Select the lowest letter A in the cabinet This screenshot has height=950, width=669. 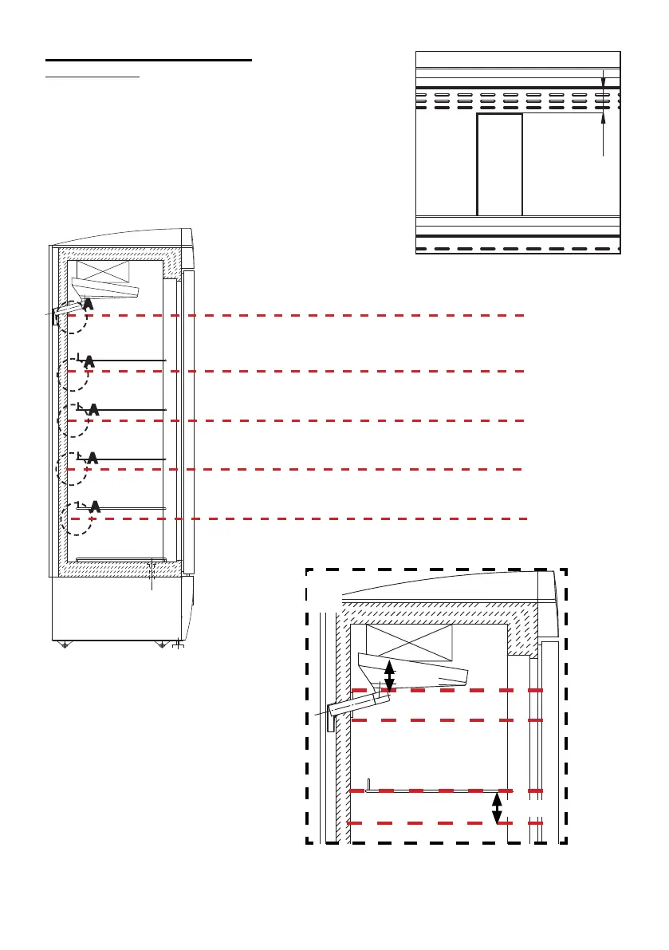click(x=95, y=506)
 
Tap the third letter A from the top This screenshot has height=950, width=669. click(x=93, y=409)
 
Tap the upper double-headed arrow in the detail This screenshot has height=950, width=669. click(x=389, y=676)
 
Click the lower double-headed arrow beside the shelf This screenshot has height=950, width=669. click(x=497, y=806)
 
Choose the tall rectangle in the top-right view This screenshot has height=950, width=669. click(x=499, y=164)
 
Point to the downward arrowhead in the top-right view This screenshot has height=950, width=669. click(x=603, y=81)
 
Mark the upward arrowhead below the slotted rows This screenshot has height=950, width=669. click(x=603, y=118)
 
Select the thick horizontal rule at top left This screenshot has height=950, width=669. click(x=148, y=60)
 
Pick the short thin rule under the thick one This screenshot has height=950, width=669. click(x=92, y=78)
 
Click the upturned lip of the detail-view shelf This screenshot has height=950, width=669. click(x=368, y=783)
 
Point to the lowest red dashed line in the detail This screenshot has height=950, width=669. click(x=447, y=822)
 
